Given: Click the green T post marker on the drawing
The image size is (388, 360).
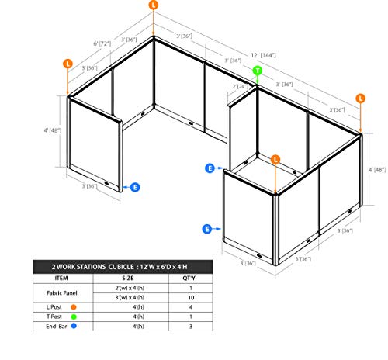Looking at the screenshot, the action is click(258, 71).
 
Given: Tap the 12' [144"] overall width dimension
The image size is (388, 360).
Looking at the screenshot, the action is click(263, 55).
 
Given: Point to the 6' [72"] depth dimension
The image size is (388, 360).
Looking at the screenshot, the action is click(102, 43).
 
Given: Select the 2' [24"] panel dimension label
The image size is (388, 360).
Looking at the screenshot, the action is click(241, 86).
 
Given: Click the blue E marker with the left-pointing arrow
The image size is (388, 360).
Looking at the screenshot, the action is click(135, 187).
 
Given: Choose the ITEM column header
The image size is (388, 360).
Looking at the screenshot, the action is click(61, 279).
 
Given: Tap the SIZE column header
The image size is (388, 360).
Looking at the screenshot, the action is click(128, 279).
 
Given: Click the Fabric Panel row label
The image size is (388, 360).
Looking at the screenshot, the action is click(62, 293).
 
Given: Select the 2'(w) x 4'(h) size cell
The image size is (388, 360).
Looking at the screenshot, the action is click(130, 288).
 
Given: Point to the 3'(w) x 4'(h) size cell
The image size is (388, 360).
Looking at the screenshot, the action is click(130, 297).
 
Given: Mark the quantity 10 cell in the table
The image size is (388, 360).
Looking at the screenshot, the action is click(191, 298).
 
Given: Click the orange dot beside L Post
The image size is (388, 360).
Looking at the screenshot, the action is click(74, 307).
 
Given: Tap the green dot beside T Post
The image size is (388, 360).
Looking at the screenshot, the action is click(74, 317).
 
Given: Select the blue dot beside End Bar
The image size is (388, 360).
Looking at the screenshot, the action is click(74, 326).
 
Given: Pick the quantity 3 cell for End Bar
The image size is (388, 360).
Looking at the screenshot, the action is click(191, 327).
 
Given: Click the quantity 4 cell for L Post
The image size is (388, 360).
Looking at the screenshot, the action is click(191, 307).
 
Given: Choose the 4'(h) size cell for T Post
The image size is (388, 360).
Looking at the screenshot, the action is click(138, 317).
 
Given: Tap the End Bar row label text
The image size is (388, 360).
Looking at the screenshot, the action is click(57, 327).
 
